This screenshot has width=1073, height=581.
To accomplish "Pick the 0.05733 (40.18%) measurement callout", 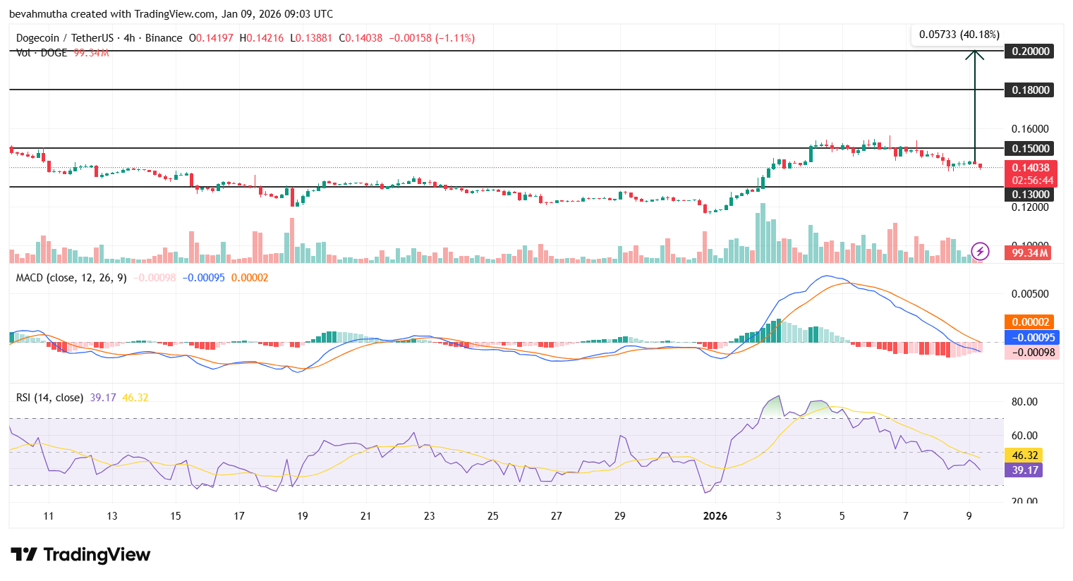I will point(959,35).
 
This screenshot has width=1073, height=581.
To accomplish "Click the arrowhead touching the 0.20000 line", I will point(975,54).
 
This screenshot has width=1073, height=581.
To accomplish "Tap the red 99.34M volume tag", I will point(1029,252).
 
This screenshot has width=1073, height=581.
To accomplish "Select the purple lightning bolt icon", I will point(980,251).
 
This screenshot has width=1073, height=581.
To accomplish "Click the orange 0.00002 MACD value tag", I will point(1029,322).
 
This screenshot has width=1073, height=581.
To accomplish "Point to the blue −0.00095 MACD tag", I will point(1029,338).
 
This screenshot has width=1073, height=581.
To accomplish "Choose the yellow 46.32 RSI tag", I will point(1024,455).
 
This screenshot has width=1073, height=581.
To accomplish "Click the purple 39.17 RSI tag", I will point(1024,470).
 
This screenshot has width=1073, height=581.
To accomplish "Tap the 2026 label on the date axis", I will point(715,516).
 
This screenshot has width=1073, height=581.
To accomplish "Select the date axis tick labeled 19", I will point(303,516).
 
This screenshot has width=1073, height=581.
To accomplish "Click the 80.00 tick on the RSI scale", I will point(1024,402).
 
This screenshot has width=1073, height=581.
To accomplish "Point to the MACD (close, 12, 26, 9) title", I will point(71,278).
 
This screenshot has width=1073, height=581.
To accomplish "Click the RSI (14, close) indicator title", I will point(49,398).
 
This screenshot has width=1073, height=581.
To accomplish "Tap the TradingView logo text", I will point(97,555).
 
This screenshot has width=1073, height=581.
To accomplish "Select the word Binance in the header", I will point(164,38).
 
